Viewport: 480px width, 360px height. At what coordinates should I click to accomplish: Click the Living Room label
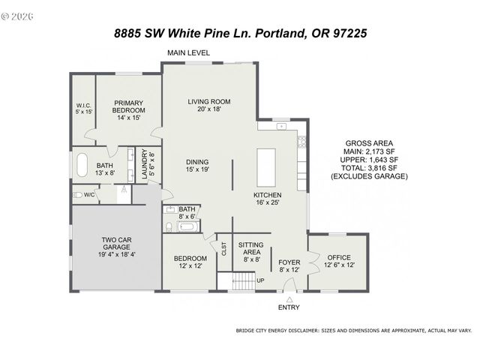(x=208, y=105)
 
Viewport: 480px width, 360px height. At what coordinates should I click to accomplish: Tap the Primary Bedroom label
(x=128, y=109)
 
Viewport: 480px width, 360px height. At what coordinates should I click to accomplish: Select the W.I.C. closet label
(x=84, y=108)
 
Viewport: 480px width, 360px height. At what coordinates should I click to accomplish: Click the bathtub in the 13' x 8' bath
(x=81, y=164)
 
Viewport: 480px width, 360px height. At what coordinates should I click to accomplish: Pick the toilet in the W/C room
(x=77, y=195)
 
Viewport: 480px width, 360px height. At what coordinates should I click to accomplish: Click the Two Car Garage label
(x=117, y=248)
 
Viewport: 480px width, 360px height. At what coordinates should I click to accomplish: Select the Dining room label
(x=197, y=165)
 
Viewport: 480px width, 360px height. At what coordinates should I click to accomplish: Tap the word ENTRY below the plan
(x=289, y=307)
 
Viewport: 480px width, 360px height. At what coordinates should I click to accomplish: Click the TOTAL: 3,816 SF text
(x=368, y=169)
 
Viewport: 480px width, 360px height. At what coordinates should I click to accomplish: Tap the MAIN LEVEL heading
(x=188, y=52)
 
